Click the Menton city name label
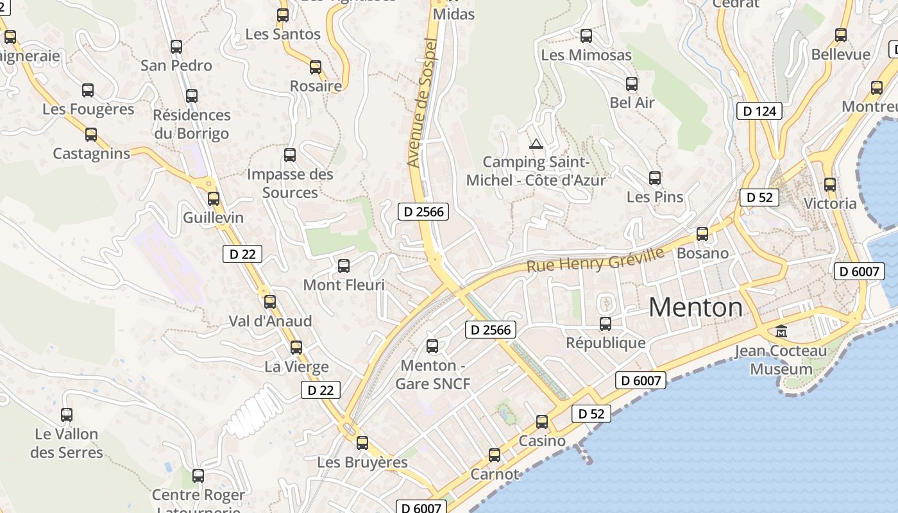[x=696, y=308]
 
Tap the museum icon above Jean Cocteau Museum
[x=781, y=332]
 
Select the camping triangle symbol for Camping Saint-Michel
[x=536, y=144]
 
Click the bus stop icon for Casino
[x=542, y=421]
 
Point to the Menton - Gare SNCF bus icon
[x=432, y=346]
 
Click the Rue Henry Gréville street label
[x=595, y=260]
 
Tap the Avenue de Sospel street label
[x=421, y=103]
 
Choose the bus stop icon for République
[x=606, y=324]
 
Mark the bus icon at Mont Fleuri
[x=344, y=265]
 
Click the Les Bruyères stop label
[x=362, y=462]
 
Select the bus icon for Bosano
[x=702, y=234]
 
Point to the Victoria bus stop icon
[x=830, y=185]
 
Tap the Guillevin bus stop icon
[x=214, y=199]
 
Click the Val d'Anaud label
[x=270, y=321]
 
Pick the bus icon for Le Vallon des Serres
[x=67, y=415]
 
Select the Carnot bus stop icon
[x=495, y=455]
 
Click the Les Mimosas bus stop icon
[x=586, y=36]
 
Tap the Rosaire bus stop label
[x=316, y=86]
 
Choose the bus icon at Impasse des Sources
[x=290, y=155]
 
